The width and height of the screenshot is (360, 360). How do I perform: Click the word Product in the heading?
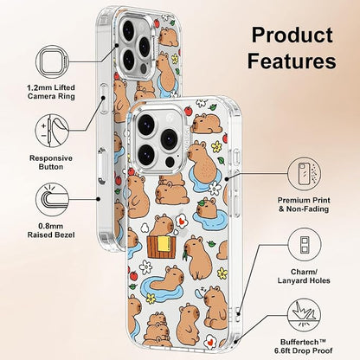[x=292, y=35]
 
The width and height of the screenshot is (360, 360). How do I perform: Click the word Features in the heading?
[x=292, y=61]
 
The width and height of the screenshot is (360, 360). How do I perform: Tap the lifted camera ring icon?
[x=52, y=62]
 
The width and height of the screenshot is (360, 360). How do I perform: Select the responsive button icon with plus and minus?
[x=52, y=131]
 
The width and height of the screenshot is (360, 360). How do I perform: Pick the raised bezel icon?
[x=52, y=200]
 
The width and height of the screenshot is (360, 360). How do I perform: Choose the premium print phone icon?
[x=304, y=174]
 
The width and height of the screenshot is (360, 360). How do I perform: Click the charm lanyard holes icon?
[x=304, y=245]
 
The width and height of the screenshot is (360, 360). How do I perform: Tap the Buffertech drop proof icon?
[x=304, y=315]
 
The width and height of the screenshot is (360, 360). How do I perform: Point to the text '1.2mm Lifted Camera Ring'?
[x=51, y=92]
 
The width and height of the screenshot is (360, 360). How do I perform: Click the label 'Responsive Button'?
[x=51, y=163]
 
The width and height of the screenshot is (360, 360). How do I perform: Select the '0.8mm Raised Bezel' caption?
[x=51, y=230]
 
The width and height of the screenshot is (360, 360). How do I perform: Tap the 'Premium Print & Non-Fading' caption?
[x=304, y=204]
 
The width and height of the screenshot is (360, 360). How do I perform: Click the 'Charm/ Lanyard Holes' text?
[x=304, y=276]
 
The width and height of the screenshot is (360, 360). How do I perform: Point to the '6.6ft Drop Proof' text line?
[x=304, y=350]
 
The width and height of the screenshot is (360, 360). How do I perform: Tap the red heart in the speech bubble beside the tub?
[x=181, y=222]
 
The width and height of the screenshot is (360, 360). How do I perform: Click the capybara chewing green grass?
[x=198, y=256]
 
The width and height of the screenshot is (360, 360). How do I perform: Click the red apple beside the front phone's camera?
[x=188, y=110]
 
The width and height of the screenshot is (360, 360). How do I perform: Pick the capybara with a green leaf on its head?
[x=207, y=208]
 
